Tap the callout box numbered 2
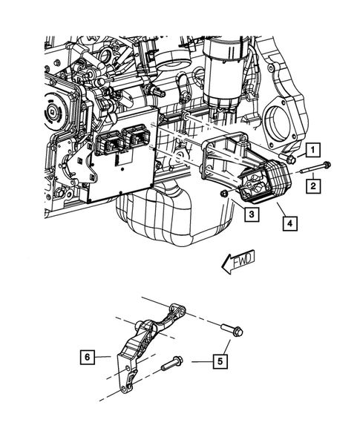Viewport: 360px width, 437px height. [315, 185]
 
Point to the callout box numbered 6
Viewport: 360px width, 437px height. [88, 357]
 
